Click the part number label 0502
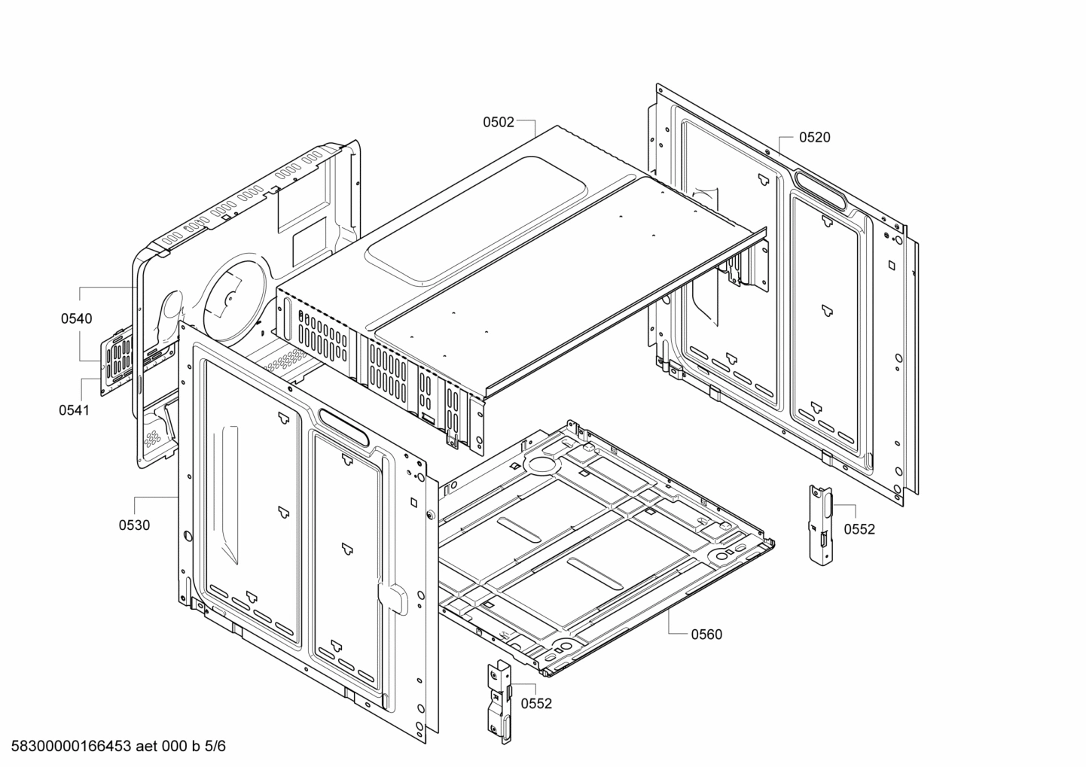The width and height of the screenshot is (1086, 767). coord(499,122)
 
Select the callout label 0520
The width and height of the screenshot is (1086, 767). coord(814,137)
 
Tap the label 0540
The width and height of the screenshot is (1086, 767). coord(77,318)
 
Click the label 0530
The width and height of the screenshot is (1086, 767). coord(134,525)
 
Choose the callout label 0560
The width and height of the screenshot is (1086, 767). coord(706,635)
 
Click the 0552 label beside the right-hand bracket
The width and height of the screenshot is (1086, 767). coord(859,529)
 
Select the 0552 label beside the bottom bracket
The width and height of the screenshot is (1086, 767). coord(536,704)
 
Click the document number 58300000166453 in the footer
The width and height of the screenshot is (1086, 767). coord(67,747)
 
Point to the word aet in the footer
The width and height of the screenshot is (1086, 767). coord(148,747)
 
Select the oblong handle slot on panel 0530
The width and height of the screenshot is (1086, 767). coord(344,428)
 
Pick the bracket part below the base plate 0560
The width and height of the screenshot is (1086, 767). coord(499,700)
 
